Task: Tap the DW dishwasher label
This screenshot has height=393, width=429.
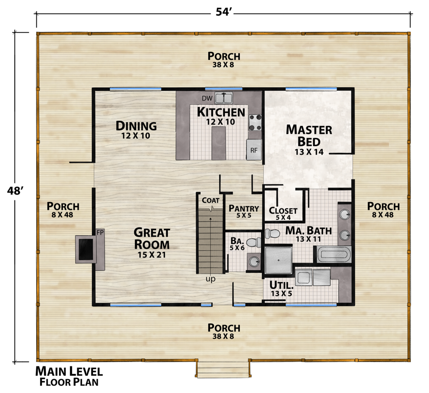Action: (x=206, y=98)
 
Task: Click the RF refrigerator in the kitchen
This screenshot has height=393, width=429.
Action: (x=254, y=149)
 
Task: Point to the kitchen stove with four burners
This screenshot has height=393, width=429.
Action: (x=255, y=122)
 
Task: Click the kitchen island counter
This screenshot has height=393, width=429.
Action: (x=218, y=143)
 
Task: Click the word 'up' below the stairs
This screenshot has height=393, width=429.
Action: (x=210, y=279)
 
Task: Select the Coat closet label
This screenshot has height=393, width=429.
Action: (x=210, y=200)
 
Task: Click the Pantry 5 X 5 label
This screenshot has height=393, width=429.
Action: (x=244, y=212)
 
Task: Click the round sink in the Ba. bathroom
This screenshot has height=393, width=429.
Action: (x=254, y=261)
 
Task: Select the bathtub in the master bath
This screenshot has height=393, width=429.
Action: (x=334, y=254)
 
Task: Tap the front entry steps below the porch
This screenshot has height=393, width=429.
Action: (x=223, y=369)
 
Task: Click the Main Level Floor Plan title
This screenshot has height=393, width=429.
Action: (x=69, y=375)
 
